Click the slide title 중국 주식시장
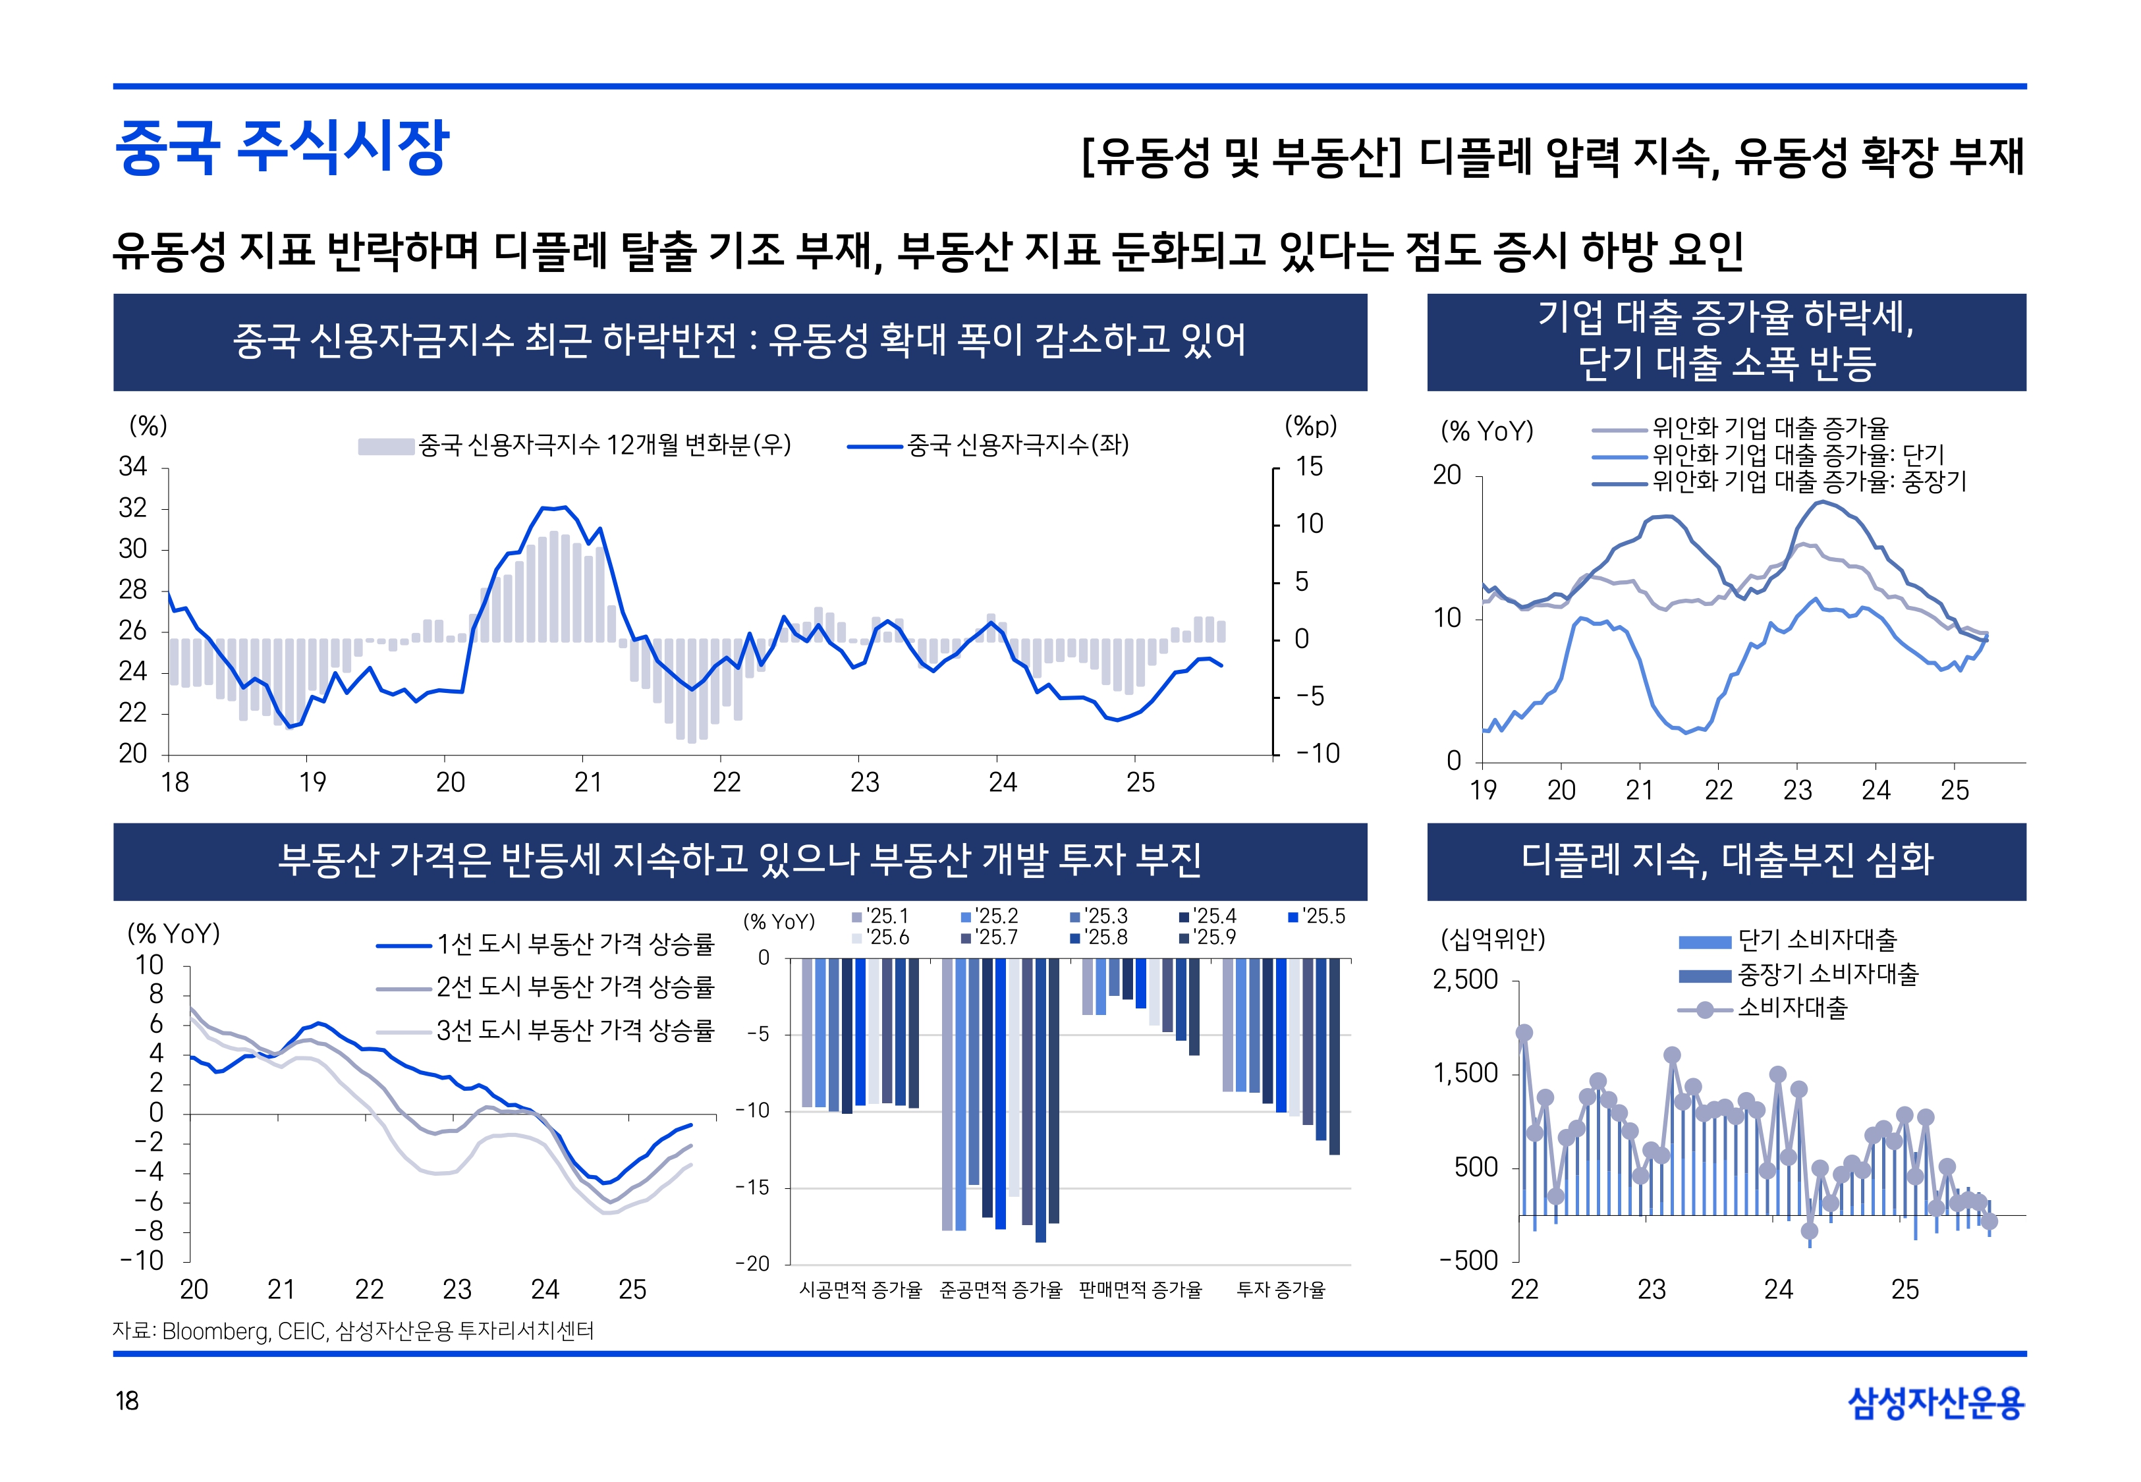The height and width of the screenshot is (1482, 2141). click(281, 148)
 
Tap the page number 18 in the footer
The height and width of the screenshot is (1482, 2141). click(126, 1400)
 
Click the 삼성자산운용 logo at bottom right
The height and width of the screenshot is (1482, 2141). click(1936, 1402)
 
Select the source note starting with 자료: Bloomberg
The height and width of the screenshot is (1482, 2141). click(353, 1331)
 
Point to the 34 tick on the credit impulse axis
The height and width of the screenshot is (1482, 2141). click(133, 467)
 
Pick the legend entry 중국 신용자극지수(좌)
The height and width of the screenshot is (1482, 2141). click(1016, 445)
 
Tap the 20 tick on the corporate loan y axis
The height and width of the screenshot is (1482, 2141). click(1447, 476)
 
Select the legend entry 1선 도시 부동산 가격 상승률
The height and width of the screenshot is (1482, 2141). click(574, 945)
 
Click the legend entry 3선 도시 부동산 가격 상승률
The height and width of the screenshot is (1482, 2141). click(574, 1029)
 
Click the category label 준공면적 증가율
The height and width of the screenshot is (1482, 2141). click(1000, 1289)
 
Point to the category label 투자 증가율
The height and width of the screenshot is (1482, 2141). click(1281, 1289)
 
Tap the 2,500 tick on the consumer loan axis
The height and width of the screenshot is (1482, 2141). click(1465, 979)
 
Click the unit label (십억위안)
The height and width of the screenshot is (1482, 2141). click(1492, 939)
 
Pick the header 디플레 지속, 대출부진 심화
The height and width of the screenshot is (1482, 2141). click(1726, 860)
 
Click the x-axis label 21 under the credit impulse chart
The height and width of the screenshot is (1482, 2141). click(588, 782)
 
